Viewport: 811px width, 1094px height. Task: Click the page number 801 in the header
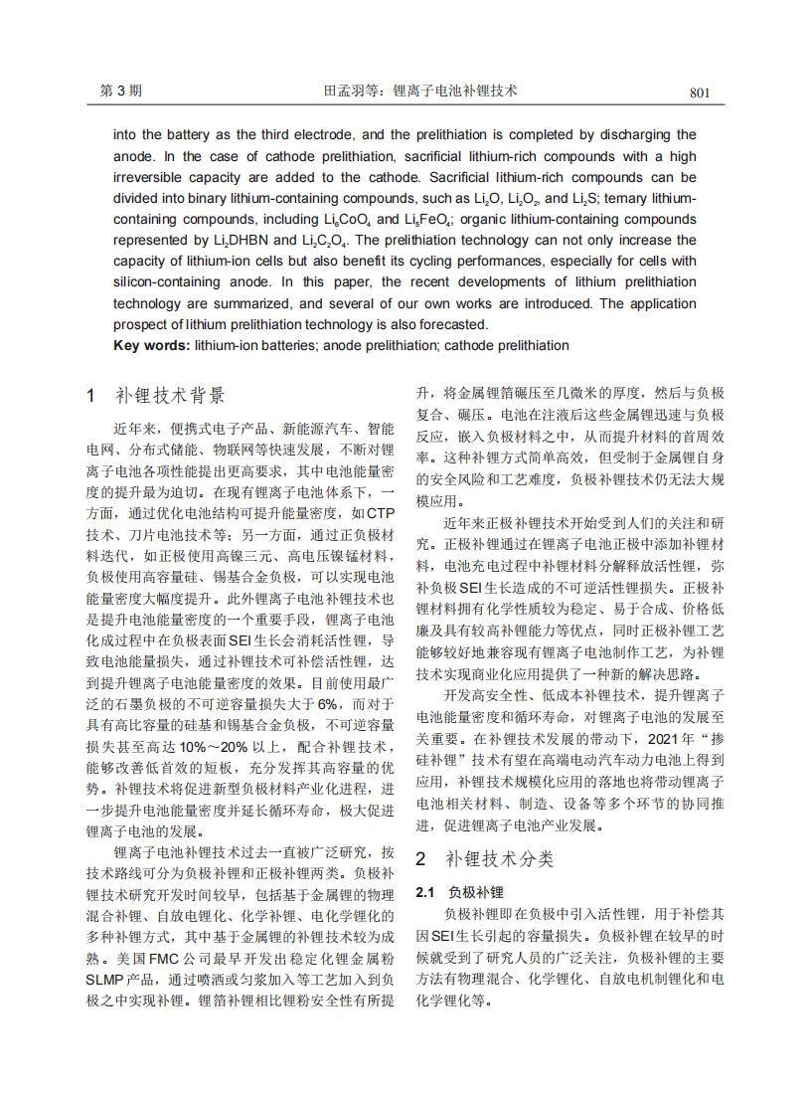(x=699, y=92)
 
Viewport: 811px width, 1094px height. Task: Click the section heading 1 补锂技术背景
(x=169, y=395)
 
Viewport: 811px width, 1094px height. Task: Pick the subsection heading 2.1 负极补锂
(x=460, y=891)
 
